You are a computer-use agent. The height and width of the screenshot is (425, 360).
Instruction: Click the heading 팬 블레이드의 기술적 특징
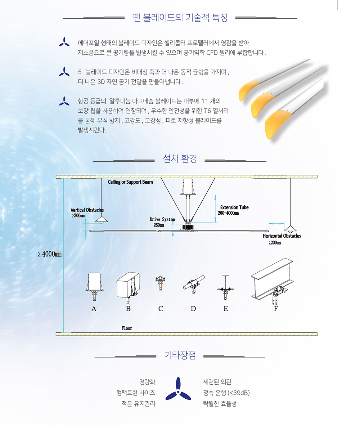[180, 18]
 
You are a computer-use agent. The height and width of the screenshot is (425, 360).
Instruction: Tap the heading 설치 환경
[180, 158]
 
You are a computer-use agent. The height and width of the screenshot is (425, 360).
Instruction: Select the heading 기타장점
[180, 355]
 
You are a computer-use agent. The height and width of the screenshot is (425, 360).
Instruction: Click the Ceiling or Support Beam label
[130, 182]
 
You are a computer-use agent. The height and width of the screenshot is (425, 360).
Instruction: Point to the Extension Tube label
[234, 207]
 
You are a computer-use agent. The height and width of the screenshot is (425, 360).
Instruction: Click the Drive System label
[162, 219]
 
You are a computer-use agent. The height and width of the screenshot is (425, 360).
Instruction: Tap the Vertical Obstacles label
[87, 210]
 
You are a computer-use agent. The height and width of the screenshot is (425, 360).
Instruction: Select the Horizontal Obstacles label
[282, 236]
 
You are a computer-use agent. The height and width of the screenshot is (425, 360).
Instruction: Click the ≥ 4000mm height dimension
[50, 254]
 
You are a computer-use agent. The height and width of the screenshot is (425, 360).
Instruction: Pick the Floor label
[127, 328]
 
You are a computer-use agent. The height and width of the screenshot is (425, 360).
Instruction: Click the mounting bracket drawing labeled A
[94, 286]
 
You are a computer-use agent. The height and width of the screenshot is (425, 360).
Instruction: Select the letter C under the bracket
[161, 309]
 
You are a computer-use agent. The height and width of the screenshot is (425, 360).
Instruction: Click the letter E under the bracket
[226, 309]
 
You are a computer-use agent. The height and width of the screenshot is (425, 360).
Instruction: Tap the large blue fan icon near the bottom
[178, 389]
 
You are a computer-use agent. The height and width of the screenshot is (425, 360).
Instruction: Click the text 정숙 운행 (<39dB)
[226, 393]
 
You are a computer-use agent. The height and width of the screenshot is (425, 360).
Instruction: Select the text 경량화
[147, 382]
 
